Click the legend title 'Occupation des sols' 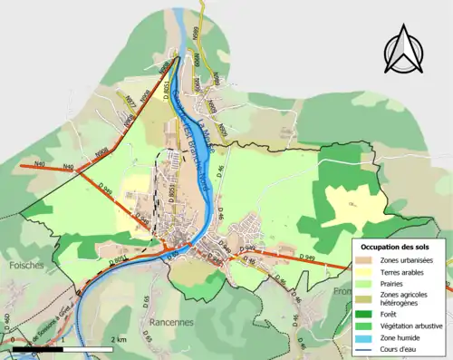(x=400, y=247)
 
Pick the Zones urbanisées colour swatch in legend (x=368, y=260)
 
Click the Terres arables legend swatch (x=368, y=271)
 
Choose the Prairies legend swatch (x=368, y=282)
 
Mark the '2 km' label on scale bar (x=119, y=338)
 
